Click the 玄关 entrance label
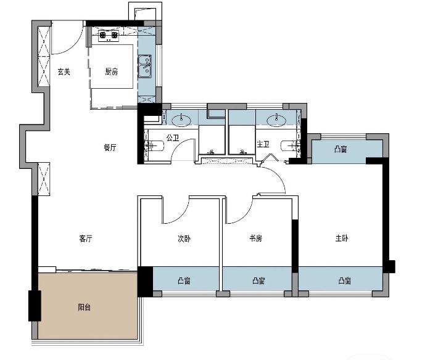(x=64, y=72)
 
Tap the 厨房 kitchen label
(x=111, y=72)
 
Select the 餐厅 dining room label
(x=110, y=147)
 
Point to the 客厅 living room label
(x=86, y=239)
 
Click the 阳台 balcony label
(x=84, y=307)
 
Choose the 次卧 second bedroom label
(x=184, y=239)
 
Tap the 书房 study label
(x=255, y=239)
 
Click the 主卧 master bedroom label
(x=342, y=239)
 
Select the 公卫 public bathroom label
(x=173, y=138)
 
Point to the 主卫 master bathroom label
(x=263, y=144)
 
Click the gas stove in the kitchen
(x=108, y=36)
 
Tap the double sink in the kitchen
(x=145, y=67)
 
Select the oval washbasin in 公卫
(x=182, y=120)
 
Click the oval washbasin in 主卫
(x=276, y=120)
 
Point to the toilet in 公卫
(x=154, y=145)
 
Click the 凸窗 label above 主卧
(x=341, y=149)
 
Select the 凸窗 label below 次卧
(x=184, y=281)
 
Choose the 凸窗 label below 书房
(x=258, y=281)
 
